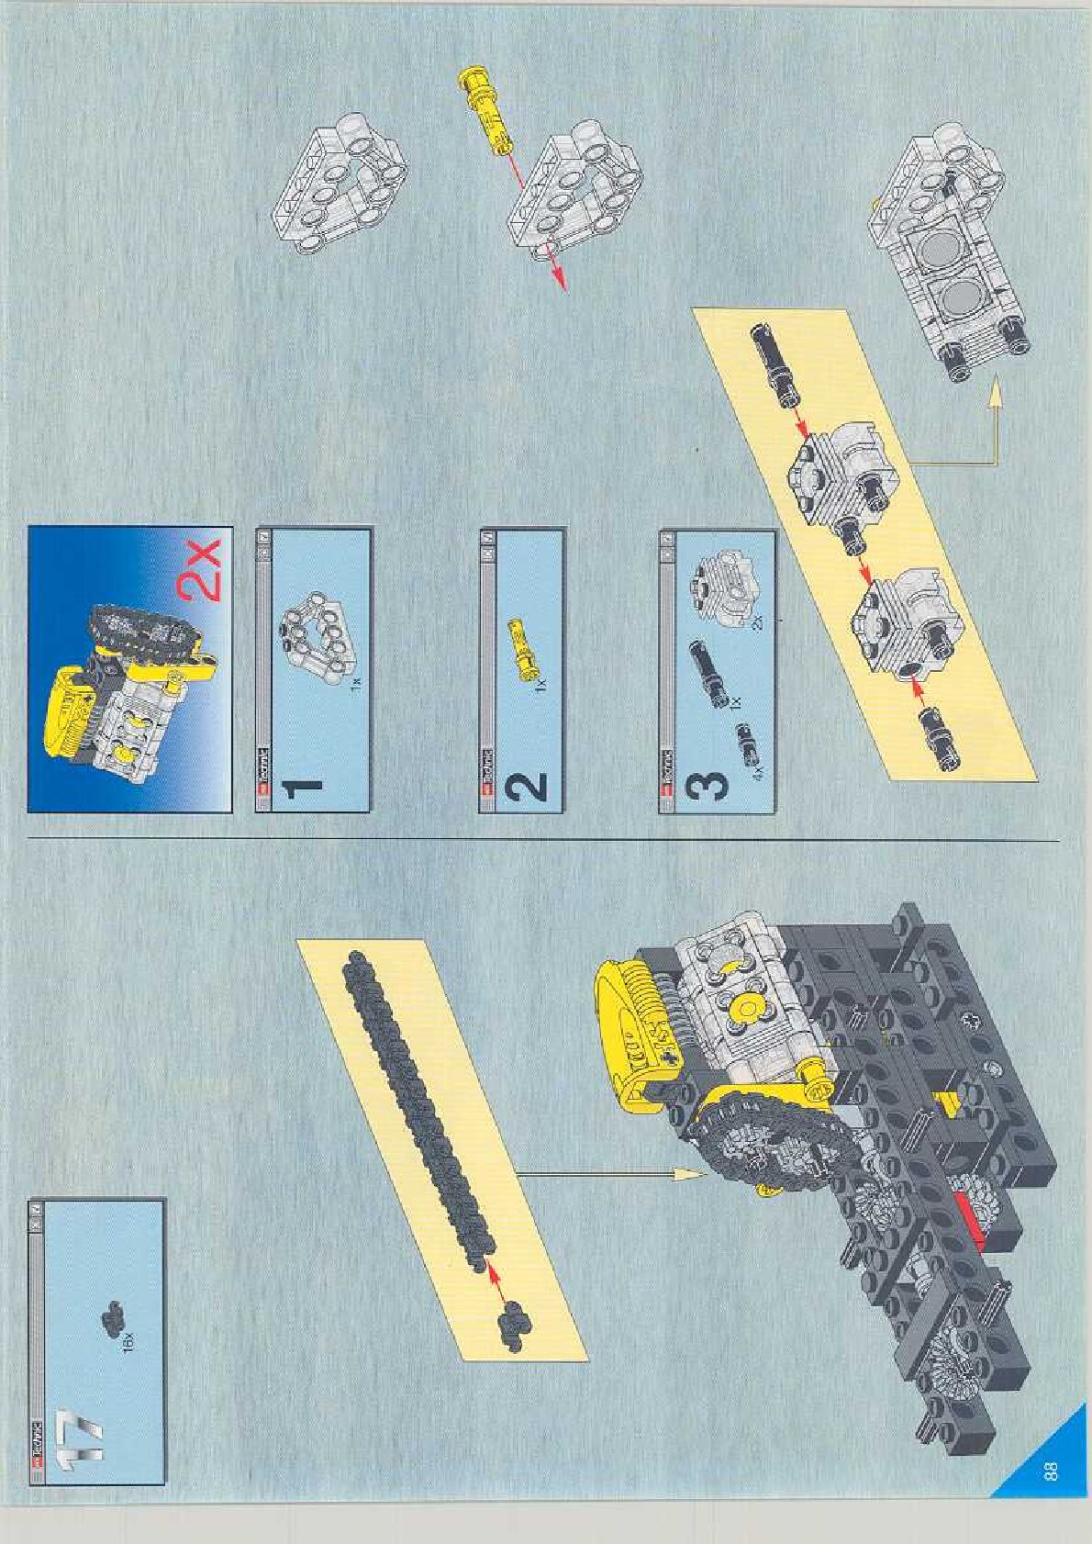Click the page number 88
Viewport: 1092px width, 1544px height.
pos(1051,1471)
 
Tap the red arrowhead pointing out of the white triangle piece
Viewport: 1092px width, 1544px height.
pos(559,280)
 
